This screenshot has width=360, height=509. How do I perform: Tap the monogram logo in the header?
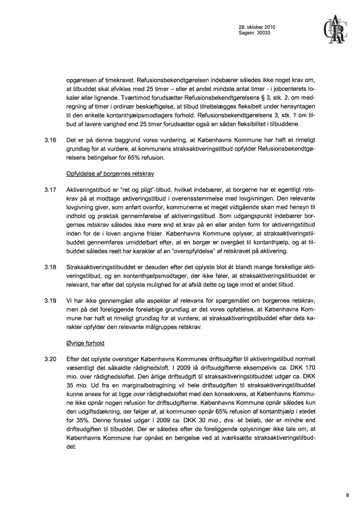coord(334,30)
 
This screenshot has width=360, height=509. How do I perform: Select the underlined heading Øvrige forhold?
coord(85,343)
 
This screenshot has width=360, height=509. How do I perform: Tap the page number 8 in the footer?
coord(347,495)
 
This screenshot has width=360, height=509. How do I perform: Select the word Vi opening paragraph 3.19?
coord(70,300)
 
